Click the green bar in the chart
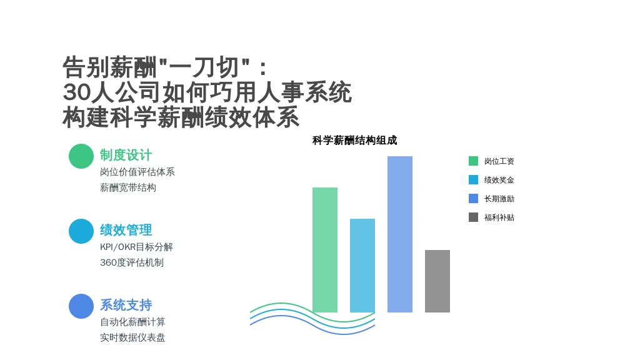coord(325,250)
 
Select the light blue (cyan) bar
coord(362,265)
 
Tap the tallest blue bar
coord(400,234)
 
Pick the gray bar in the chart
coord(437,281)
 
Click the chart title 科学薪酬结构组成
coord(355,141)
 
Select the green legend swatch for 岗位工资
coord(474,161)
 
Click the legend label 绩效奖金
coord(499,180)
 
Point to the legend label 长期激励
coord(499,199)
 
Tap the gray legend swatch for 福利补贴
coord(474,217)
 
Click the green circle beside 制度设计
coord(81,156)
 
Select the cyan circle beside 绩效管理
coord(81,231)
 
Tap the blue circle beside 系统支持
coord(81,306)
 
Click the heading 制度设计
coord(126,155)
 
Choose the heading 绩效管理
coord(126,230)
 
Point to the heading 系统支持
coord(126,305)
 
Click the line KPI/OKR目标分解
coord(136,247)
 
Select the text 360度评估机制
coord(132,262)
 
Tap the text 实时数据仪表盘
coord(132,337)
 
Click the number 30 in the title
coord(76,92)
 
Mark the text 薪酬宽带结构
coord(128,187)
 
